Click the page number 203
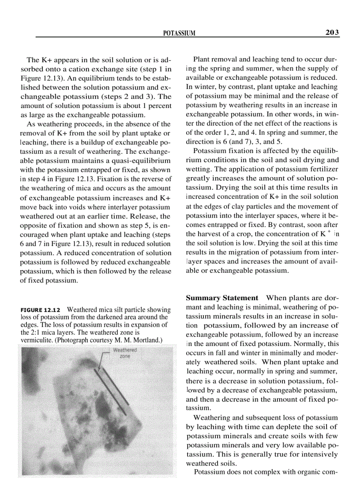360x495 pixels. [x=330, y=32]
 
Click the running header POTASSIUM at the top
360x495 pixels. [x=179, y=33]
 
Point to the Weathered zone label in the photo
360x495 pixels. [x=125, y=353]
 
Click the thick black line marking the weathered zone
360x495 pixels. [x=112, y=385]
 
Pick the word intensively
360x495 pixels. [x=317, y=454]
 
